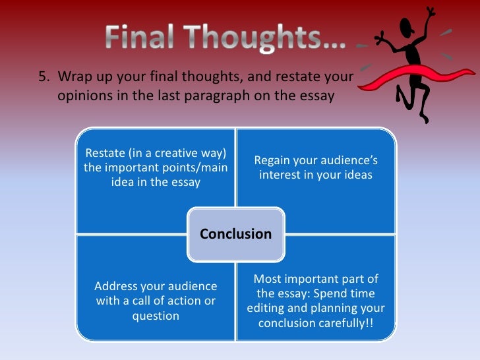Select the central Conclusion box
[x=235, y=234]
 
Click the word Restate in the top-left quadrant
[x=107, y=154]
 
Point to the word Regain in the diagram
[x=274, y=161]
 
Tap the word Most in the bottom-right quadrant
[x=267, y=279]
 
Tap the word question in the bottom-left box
[x=155, y=315]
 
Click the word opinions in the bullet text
[x=81, y=96]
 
